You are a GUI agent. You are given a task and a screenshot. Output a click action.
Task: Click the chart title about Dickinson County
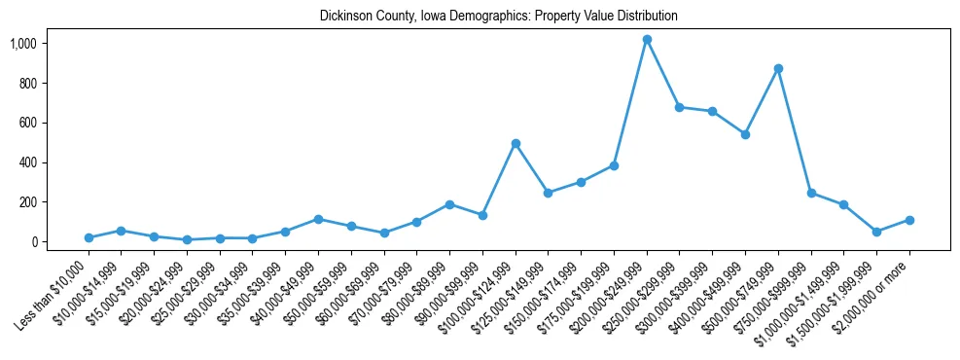click(x=499, y=17)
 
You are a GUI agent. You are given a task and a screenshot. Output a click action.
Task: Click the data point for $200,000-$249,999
click(x=647, y=40)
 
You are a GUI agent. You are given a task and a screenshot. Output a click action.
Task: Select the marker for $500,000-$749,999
click(x=778, y=69)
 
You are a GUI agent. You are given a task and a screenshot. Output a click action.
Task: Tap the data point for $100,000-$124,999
click(x=516, y=143)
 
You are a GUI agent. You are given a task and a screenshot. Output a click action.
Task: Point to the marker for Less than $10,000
click(x=89, y=237)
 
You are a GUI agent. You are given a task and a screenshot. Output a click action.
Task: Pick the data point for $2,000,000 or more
click(x=909, y=220)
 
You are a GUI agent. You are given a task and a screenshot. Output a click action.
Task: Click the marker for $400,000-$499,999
click(x=745, y=134)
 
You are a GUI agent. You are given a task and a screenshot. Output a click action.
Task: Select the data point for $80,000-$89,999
click(x=449, y=204)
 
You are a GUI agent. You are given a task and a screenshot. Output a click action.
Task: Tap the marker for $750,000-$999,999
click(x=811, y=193)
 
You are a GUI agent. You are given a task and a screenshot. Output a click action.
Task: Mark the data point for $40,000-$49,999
click(x=318, y=219)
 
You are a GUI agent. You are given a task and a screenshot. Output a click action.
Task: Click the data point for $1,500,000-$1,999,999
click(x=876, y=232)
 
